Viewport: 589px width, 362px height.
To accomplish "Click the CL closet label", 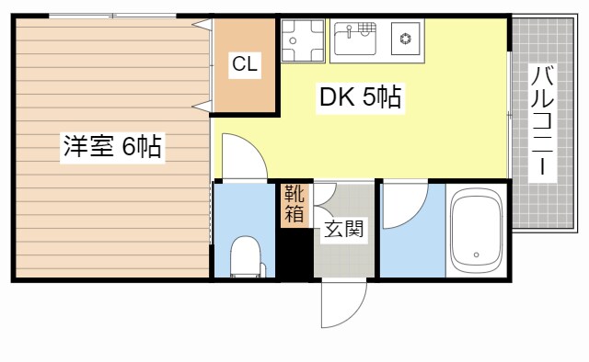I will [x=245, y=63].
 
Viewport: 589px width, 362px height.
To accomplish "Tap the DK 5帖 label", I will [x=360, y=97].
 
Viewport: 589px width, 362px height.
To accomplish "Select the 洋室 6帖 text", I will [x=112, y=147].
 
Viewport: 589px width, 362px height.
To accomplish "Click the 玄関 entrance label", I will [x=342, y=230].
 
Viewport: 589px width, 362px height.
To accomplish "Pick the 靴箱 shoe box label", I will [x=294, y=204].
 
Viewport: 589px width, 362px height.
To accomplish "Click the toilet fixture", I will [x=246, y=256].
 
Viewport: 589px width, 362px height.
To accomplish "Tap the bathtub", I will [x=475, y=230].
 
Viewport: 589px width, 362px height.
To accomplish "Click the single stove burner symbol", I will [x=404, y=39].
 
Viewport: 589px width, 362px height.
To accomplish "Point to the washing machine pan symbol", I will [x=301, y=40].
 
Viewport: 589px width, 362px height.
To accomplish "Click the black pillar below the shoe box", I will [x=293, y=253].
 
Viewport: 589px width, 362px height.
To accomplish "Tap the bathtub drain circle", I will [x=475, y=255].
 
